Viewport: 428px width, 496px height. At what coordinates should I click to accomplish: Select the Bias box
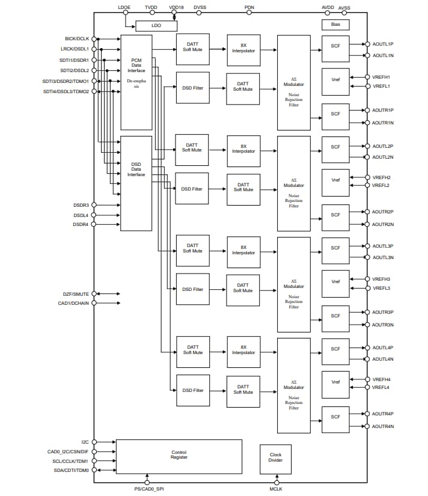click(x=335, y=25)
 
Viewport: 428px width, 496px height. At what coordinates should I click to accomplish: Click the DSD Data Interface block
click(x=136, y=183)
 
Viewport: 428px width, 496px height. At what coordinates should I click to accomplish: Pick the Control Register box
click(x=179, y=455)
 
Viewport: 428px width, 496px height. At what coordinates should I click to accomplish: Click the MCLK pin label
click(x=277, y=489)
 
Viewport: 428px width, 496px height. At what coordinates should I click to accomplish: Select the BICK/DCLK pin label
click(x=77, y=39)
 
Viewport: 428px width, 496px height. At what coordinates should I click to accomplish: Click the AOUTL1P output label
click(x=383, y=44)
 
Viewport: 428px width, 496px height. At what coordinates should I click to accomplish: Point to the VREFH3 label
click(x=381, y=279)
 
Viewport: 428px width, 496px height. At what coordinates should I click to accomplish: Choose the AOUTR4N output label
click(x=383, y=426)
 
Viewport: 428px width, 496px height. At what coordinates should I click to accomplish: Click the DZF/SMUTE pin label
click(x=73, y=294)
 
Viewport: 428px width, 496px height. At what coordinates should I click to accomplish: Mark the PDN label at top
click(x=249, y=8)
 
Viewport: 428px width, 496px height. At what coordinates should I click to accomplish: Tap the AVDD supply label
click(x=328, y=8)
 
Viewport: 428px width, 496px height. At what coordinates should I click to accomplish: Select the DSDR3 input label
click(x=81, y=205)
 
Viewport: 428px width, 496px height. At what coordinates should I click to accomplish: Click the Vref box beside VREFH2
click(x=335, y=181)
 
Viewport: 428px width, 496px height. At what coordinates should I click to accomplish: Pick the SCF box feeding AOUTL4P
click(x=335, y=349)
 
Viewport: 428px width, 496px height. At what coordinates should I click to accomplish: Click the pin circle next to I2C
click(x=94, y=442)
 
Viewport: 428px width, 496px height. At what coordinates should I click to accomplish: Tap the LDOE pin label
click(x=125, y=8)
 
